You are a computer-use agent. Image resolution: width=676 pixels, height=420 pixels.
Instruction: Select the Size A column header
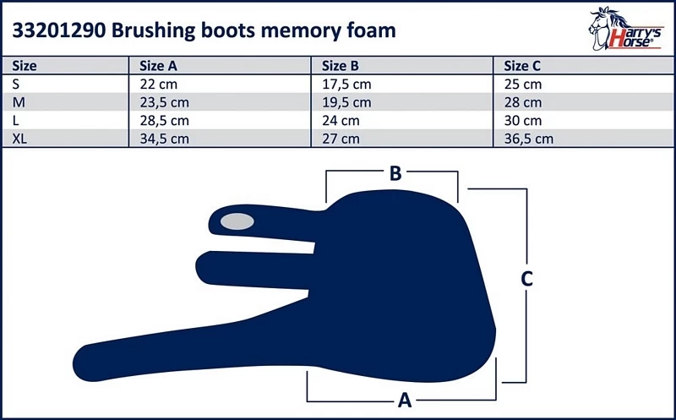(157, 66)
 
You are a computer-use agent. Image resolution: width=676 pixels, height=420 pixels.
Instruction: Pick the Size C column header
(522, 66)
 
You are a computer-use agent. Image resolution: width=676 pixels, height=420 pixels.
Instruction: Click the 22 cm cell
(158, 84)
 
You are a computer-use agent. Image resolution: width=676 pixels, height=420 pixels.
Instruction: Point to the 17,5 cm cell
(347, 84)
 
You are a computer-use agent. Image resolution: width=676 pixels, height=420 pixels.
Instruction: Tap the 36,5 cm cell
(529, 139)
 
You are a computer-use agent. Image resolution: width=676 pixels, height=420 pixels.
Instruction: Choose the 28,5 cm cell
(164, 121)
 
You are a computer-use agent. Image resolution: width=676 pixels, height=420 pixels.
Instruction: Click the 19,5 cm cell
(347, 102)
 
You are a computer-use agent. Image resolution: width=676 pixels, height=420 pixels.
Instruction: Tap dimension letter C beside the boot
(526, 280)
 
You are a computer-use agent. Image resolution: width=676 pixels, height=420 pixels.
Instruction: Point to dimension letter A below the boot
(404, 398)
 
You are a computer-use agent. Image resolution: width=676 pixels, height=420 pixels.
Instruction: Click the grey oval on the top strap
(236, 221)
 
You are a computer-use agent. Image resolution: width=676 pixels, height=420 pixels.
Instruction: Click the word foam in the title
(364, 31)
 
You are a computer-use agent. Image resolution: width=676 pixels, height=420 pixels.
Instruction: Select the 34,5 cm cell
(164, 139)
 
